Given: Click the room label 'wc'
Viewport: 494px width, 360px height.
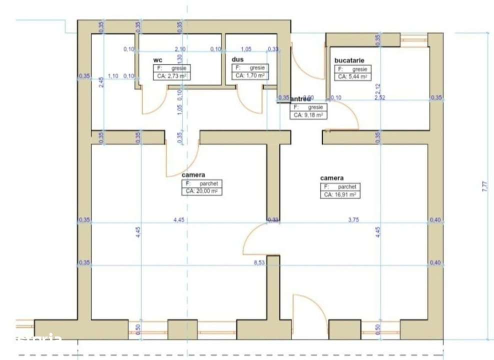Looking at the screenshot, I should pos(157,59).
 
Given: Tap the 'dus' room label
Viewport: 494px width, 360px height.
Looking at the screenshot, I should pos(237,59).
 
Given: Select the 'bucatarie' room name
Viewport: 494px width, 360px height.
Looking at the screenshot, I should pos(353,60).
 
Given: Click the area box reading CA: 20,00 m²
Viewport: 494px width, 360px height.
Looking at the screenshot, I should pos(202,191).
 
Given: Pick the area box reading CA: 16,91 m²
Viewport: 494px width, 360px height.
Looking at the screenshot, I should pos(340,195).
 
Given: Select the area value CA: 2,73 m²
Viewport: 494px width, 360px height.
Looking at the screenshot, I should pos(171,76).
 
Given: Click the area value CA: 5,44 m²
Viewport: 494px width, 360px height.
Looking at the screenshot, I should pos(352,76).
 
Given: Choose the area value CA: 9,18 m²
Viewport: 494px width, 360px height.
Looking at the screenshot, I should pos(308,115).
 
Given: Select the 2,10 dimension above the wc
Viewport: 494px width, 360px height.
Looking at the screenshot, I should pos(180,49).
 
